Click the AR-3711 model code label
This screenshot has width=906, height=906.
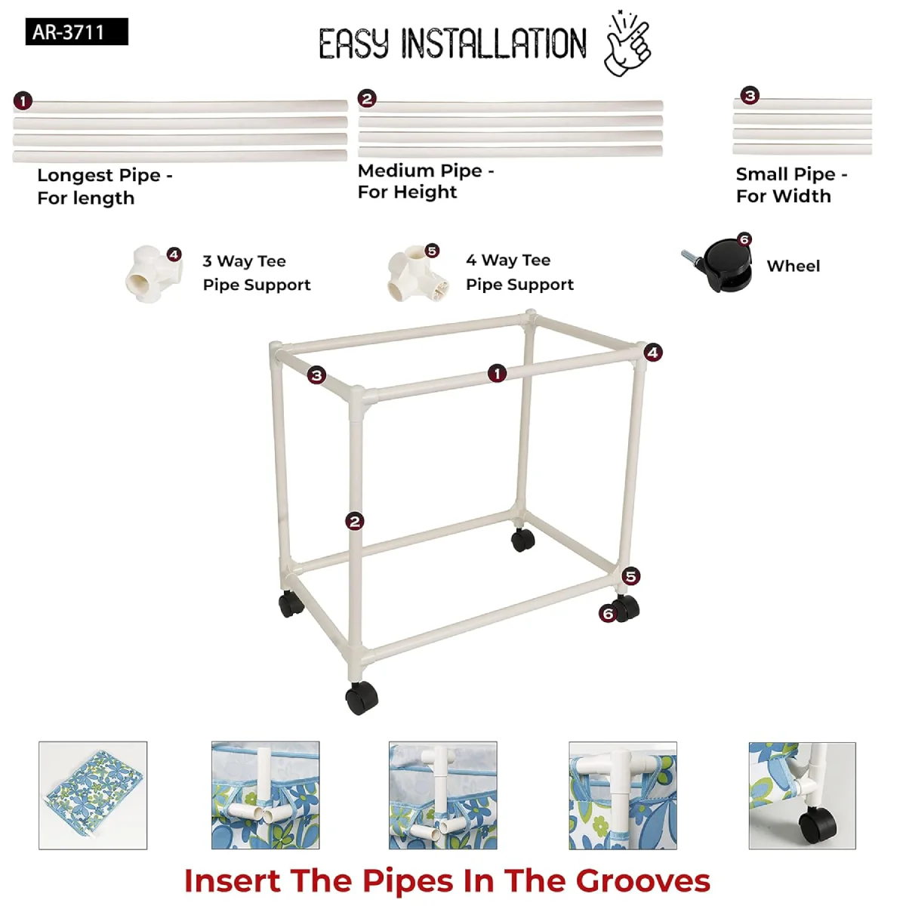click(x=77, y=32)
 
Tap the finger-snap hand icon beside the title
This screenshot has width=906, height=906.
click(x=627, y=43)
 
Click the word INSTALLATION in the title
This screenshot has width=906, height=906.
click(x=494, y=44)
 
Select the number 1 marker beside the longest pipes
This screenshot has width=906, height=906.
click(x=23, y=101)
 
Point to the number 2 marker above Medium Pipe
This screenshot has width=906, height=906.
click(x=367, y=99)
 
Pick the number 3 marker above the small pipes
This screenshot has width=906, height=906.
click(x=750, y=95)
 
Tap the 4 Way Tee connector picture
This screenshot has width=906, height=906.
click(x=417, y=273)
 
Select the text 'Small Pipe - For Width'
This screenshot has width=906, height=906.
click(x=792, y=185)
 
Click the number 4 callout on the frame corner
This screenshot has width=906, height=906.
click(x=652, y=352)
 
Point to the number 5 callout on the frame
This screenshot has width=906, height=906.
click(x=630, y=576)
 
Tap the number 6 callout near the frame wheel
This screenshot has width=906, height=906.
click(x=608, y=613)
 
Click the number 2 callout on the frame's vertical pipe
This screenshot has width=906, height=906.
click(x=355, y=522)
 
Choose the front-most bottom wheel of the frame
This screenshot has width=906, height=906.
click(x=361, y=698)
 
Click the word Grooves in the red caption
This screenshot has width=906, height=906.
click(x=643, y=880)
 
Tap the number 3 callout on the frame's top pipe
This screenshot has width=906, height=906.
click(x=316, y=375)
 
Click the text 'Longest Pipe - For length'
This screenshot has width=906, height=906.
click(x=105, y=186)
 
